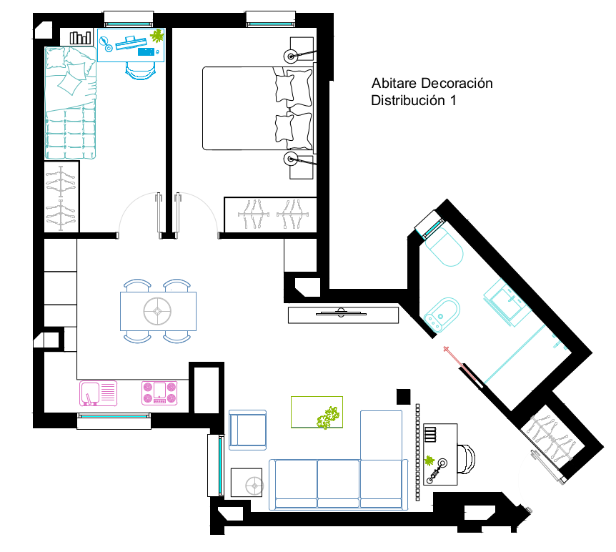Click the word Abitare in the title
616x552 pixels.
394,84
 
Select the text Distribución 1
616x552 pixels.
414,101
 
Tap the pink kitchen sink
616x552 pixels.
98,393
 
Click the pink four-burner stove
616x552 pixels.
159,393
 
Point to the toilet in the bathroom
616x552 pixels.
444,247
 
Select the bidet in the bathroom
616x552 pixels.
442,313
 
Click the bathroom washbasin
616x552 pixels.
507,302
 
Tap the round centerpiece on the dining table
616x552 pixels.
157,311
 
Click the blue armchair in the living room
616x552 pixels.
247,430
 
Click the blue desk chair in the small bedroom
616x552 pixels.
140,72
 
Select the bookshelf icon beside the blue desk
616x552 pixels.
80,38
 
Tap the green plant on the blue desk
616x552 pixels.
157,36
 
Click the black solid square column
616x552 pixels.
404,397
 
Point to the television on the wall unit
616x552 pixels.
341,313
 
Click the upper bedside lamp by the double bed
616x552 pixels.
291,56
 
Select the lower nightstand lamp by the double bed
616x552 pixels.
291,159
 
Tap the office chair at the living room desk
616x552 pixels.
467,459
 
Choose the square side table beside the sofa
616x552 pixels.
247,483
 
